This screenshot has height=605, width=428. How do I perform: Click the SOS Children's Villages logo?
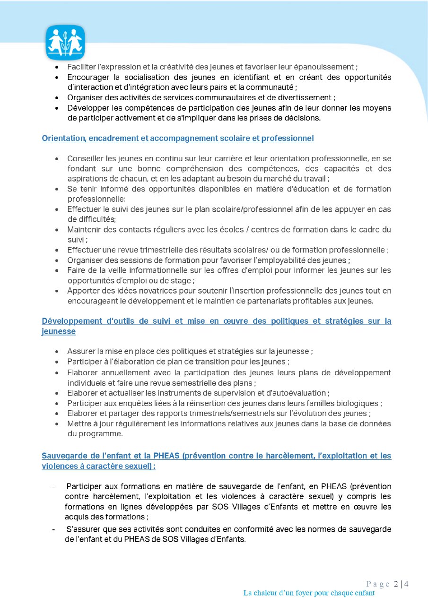tap(65, 43)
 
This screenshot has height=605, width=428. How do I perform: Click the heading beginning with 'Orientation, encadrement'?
tap(177, 138)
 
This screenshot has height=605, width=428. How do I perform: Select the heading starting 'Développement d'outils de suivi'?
tap(216, 321)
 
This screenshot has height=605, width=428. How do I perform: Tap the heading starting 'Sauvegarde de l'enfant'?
tap(216, 456)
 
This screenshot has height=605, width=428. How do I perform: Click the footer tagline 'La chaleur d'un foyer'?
tap(309, 593)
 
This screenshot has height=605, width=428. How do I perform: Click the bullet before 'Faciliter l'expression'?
tap(57, 67)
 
